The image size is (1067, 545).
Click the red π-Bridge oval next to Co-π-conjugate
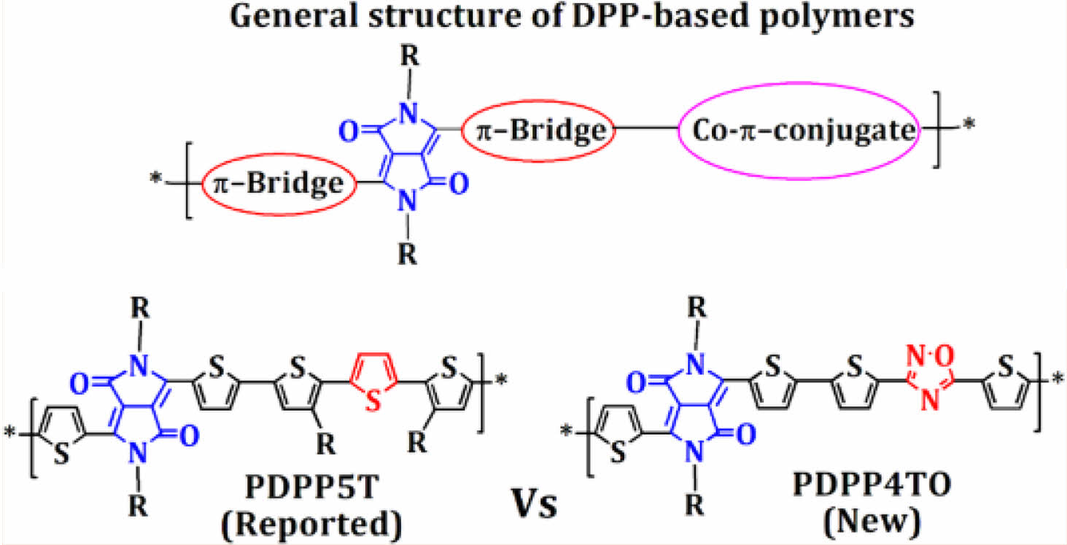coord(539,131)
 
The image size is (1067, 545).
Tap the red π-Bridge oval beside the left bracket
coord(278,184)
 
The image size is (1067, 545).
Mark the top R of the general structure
coord(411,56)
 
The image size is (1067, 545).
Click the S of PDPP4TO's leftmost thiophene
coord(619,453)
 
